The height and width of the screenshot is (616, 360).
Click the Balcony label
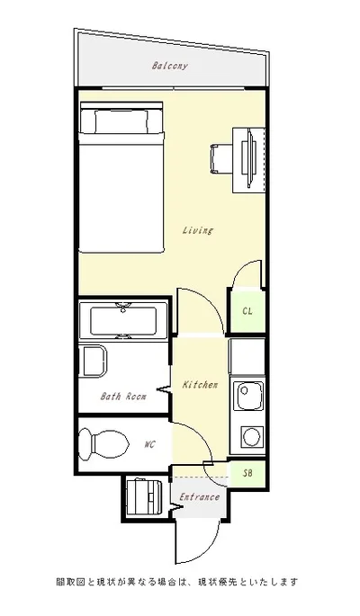(170, 66)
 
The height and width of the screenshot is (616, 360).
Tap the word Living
(197, 230)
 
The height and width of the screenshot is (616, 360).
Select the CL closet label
(247, 311)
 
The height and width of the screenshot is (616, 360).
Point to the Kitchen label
(200, 385)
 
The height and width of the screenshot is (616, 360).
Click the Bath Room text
(123, 397)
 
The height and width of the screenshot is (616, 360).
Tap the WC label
(149, 445)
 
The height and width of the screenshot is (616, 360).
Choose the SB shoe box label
(247, 473)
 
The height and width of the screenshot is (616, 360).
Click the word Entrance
(199, 497)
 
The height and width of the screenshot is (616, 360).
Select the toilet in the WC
(103, 444)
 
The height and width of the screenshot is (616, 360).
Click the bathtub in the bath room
(123, 320)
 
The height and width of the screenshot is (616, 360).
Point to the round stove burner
(250, 436)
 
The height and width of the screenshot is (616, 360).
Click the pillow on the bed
(121, 121)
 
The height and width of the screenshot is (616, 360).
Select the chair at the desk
(221, 158)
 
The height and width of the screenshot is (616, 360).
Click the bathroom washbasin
(93, 361)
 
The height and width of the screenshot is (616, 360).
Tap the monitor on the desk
(249, 159)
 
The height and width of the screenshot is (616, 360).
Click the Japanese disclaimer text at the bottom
(177, 582)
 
